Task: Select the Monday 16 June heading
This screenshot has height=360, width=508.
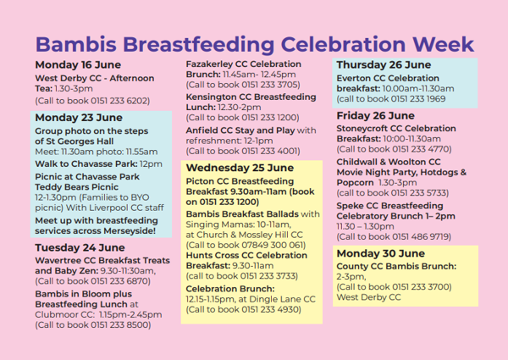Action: [x=78, y=65]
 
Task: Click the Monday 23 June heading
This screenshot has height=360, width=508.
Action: [x=79, y=118]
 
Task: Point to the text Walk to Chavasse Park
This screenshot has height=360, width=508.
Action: [x=86, y=164]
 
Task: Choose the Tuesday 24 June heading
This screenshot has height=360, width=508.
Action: [x=80, y=248]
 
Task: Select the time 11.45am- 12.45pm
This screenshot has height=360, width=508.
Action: [x=259, y=75]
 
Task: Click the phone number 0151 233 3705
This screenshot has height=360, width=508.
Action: [x=269, y=85]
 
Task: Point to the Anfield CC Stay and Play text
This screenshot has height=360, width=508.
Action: [x=240, y=130]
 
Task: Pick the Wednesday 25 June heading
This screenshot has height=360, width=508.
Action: [x=240, y=168]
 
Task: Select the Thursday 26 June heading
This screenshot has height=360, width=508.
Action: [x=384, y=65]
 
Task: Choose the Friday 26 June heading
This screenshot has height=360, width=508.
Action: [x=375, y=116]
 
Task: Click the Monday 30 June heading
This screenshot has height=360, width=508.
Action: [x=381, y=253]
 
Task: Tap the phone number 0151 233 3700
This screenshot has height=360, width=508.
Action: [x=421, y=287]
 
